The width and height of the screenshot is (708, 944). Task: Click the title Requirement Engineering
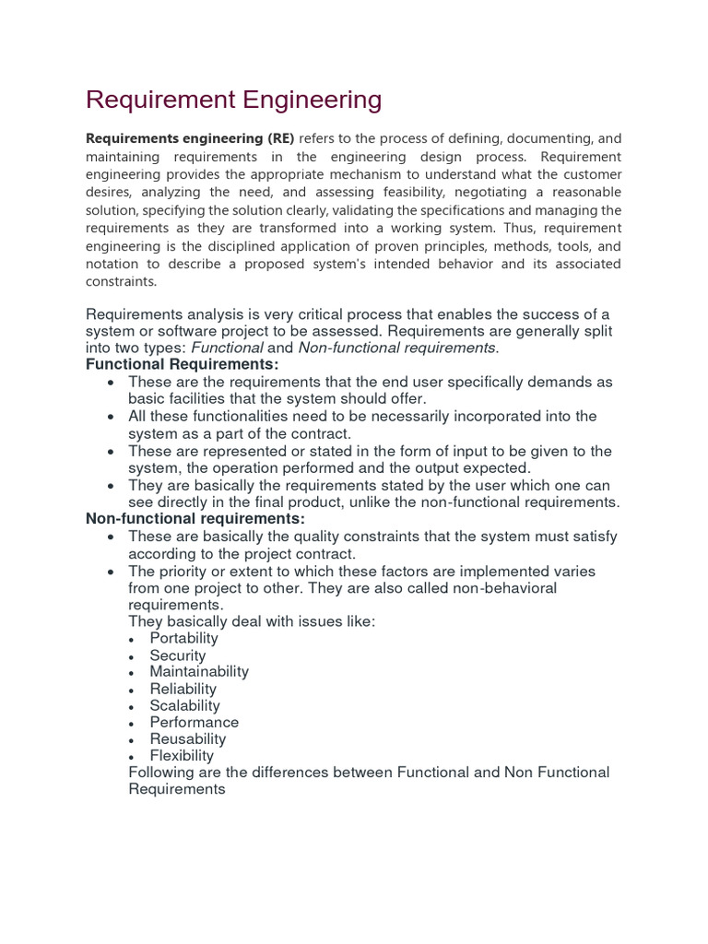[x=233, y=100]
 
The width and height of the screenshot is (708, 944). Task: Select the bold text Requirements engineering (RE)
[x=190, y=139]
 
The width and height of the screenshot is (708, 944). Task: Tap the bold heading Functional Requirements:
[x=182, y=364]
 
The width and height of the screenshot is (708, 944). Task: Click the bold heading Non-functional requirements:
[x=196, y=519]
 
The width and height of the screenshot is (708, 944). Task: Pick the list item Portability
[x=184, y=638]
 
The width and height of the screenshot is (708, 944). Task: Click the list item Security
[x=178, y=655]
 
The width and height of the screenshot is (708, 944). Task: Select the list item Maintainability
[x=199, y=672]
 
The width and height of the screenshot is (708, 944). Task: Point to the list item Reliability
[x=183, y=689]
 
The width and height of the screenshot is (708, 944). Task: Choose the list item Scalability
[x=185, y=705]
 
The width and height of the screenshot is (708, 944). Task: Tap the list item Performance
[x=195, y=722]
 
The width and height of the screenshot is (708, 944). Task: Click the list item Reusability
[x=188, y=738]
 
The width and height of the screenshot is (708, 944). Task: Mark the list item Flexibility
[x=182, y=755]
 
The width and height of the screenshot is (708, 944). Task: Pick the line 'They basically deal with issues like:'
[x=252, y=621]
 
